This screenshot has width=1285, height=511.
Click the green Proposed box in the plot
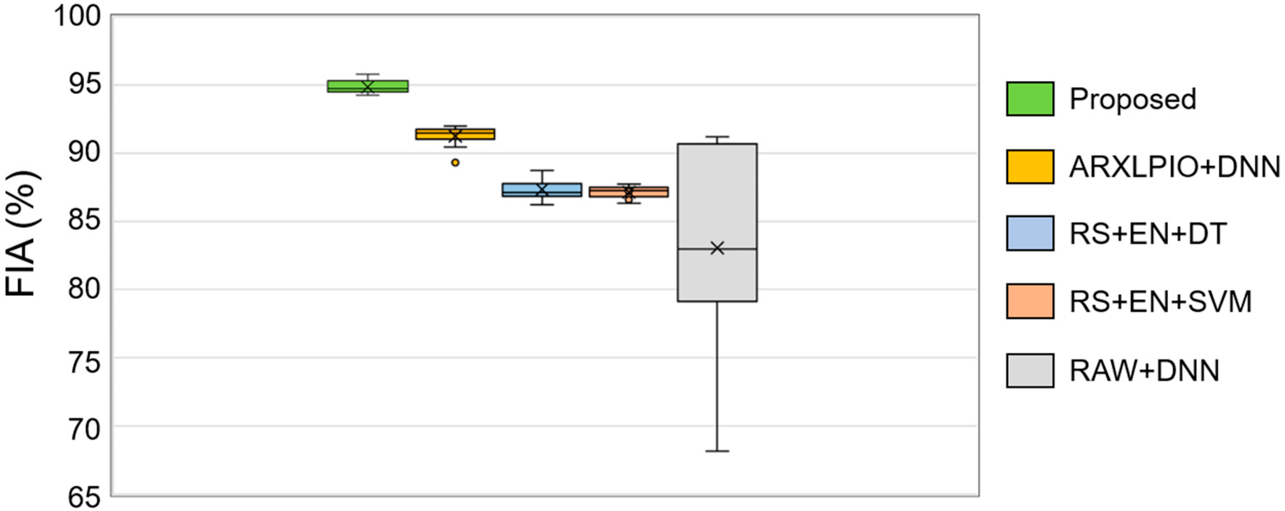367,86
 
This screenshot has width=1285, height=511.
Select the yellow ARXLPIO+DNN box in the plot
455,134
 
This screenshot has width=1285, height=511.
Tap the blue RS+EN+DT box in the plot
542,190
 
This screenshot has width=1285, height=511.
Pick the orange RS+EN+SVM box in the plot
629,192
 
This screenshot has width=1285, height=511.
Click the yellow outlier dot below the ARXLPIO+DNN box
455,162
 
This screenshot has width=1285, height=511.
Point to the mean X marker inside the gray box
717,248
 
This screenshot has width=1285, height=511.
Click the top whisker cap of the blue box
542,170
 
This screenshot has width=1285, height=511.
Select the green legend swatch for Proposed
1030,99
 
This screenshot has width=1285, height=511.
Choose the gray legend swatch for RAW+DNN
1030,371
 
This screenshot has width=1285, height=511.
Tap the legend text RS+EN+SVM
1160,301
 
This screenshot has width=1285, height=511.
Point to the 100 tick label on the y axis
77,16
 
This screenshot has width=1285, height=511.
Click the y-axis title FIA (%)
21,235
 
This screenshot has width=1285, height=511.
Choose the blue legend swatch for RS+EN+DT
1030,233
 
